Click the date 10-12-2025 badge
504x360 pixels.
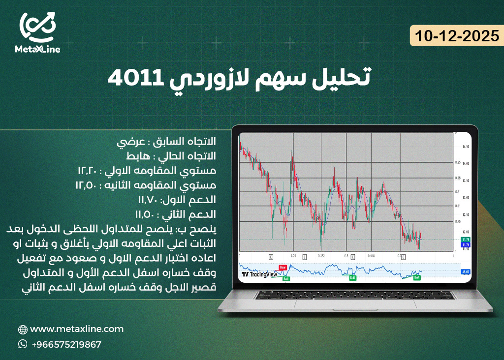[x=454, y=35]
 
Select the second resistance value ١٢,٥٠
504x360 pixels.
[x=87, y=185]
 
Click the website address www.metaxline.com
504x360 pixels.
[x=77, y=329]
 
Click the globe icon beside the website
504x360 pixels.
[x=23, y=330]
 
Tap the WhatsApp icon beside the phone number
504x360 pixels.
[x=23, y=344]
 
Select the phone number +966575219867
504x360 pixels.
[x=66, y=344]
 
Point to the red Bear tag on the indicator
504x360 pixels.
[x=283, y=267]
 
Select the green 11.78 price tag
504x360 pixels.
[x=464, y=240]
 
